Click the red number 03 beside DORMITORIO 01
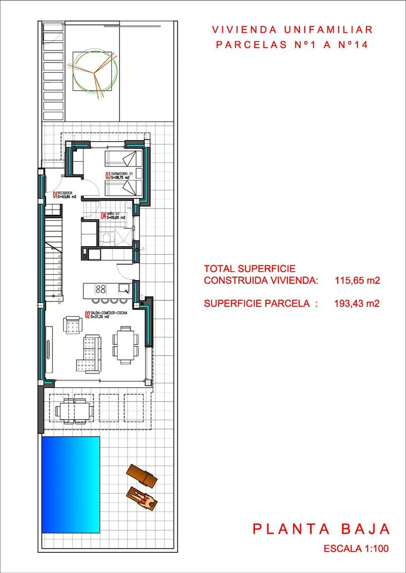[x=108, y=176]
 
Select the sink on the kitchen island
[x=124, y=289]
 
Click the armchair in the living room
[x=72, y=325]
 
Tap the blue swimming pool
[x=71, y=485]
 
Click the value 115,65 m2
[x=358, y=280]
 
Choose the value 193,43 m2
[x=358, y=303]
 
